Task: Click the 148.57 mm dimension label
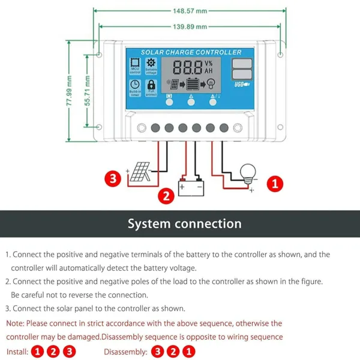click(190, 11)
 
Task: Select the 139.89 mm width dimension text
click(190, 26)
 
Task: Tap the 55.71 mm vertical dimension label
click(87, 91)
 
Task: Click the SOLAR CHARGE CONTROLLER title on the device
click(191, 52)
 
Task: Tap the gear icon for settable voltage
click(151, 64)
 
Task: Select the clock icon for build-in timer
click(135, 85)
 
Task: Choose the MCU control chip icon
click(135, 64)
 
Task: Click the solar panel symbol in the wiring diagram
click(139, 174)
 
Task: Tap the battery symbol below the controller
click(191, 187)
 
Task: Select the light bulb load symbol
click(248, 174)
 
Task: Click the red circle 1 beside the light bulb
click(274, 184)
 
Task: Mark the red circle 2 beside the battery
click(167, 194)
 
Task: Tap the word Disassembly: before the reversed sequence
click(125, 352)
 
